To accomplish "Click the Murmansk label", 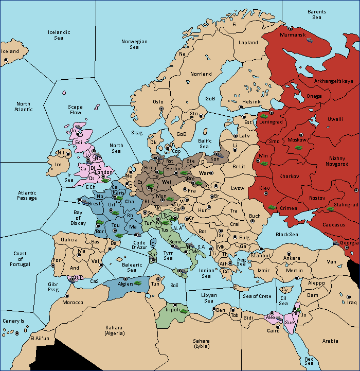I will click(x=293, y=34).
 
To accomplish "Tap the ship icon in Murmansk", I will click(x=311, y=40).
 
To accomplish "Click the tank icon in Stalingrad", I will click(x=330, y=209).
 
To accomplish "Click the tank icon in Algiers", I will click(x=137, y=283).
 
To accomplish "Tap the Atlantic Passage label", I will click(x=27, y=196).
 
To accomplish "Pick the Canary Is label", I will click(x=13, y=321).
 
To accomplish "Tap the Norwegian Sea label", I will click(x=134, y=44).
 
